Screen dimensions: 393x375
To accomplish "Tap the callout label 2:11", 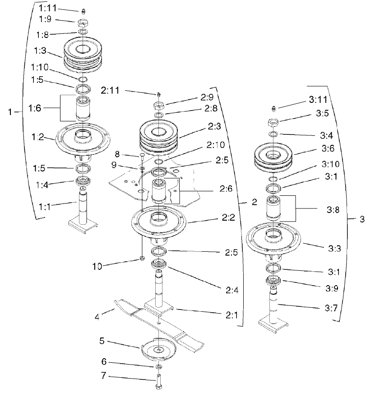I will coord(110,91).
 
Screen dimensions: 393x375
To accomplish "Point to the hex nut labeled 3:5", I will coord(273,122).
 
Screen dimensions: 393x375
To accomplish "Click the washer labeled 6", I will coord(160,365).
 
